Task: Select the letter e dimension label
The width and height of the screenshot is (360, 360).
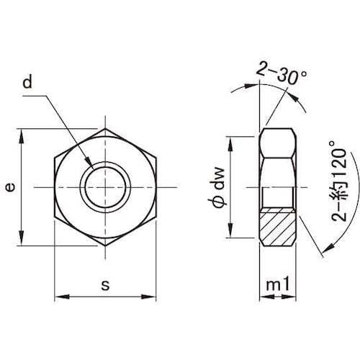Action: [x=10, y=187]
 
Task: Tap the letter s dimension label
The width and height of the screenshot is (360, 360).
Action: [x=105, y=285]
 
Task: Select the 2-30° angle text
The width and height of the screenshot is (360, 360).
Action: [x=282, y=73]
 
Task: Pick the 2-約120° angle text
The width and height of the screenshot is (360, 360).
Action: [x=339, y=181]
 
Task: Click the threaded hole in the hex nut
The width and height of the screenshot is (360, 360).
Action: [x=105, y=187]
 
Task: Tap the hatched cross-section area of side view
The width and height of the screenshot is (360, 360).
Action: [x=278, y=227]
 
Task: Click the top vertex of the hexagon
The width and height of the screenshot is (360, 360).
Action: [x=105, y=129]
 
